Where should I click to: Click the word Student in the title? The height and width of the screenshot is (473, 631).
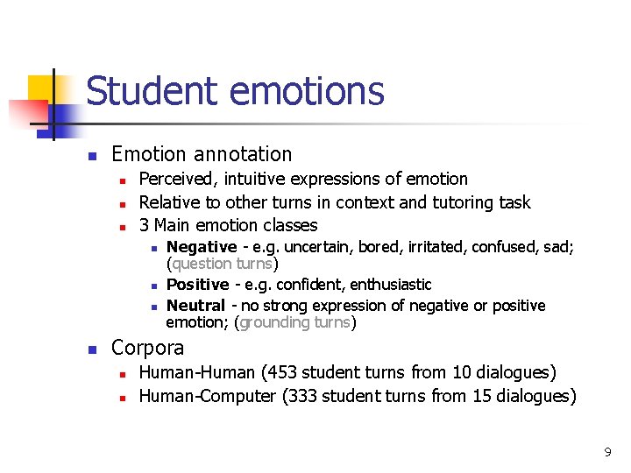[144, 91]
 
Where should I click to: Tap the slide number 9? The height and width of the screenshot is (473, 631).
[606, 452]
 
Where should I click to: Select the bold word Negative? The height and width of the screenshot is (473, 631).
[202, 247]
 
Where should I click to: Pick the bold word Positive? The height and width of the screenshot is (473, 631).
[197, 285]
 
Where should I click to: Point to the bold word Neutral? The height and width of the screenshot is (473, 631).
[195, 306]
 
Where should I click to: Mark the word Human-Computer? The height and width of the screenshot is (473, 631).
[208, 396]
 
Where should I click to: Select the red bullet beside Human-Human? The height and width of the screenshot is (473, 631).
[124, 375]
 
